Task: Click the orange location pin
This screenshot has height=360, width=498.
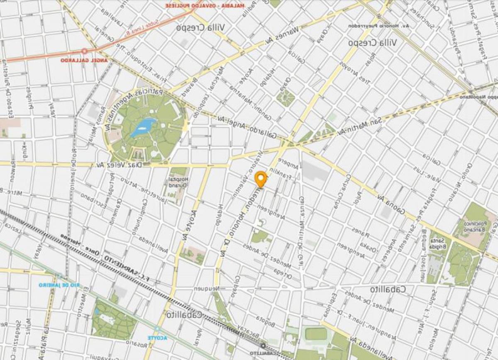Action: (x=261, y=179)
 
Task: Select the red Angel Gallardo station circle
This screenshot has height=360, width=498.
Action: (x=84, y=51)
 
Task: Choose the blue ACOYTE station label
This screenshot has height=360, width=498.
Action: (x=158, y=338)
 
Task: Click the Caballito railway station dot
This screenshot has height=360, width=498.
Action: (x=263, y=345)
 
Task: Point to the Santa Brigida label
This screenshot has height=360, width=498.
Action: (x=435, y=243)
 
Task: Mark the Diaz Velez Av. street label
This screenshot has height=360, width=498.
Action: (x=120, y=165)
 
